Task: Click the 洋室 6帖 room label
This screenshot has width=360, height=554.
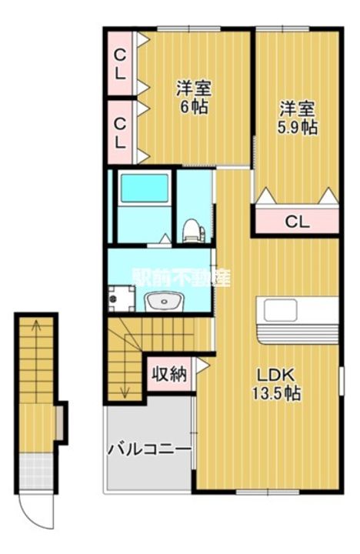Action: (194, 97)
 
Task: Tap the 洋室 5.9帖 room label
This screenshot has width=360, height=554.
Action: (297, 118)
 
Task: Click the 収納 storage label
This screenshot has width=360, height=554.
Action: (168, 375)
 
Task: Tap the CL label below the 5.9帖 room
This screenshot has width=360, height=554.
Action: (297, 222)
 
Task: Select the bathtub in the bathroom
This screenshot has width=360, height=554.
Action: (144, 188)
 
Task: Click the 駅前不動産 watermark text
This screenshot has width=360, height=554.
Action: (182, 279)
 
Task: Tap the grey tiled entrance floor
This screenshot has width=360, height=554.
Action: (36, 466)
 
